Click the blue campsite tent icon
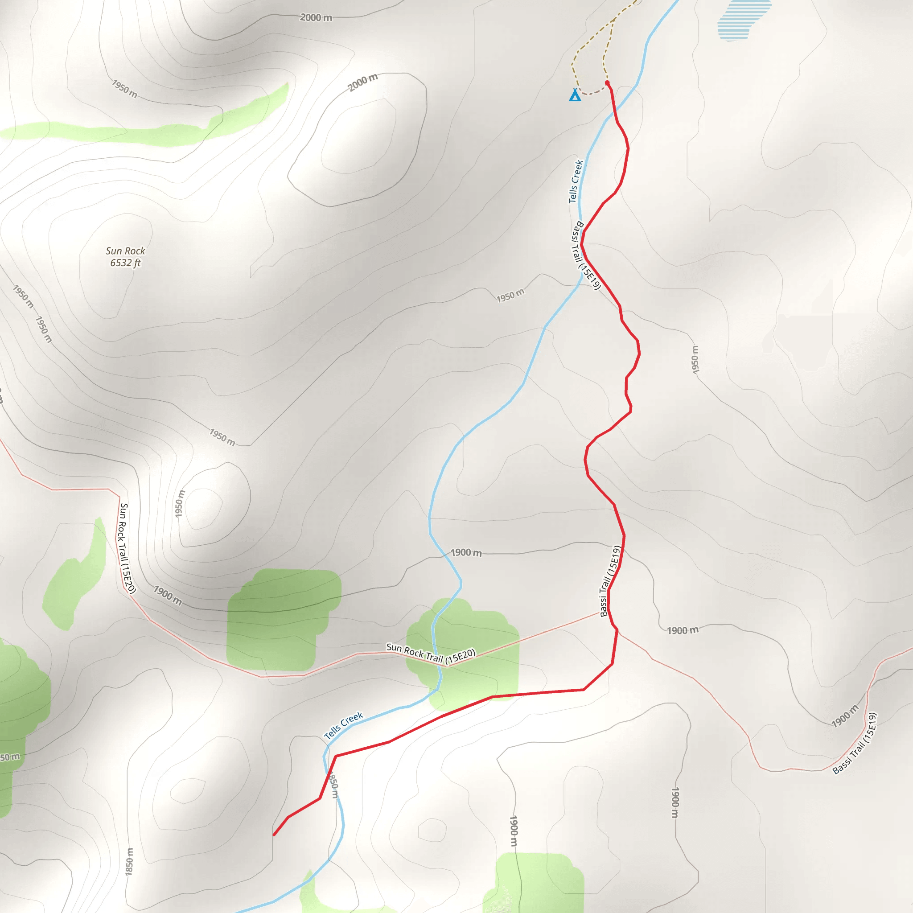575,95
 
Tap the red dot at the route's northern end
607,83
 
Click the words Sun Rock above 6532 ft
125,251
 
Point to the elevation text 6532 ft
125,263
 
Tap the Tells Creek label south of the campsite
576,181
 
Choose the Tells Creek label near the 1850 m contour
344,725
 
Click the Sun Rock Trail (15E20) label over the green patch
431,654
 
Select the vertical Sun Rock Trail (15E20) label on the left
127,548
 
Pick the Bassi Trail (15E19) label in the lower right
855,743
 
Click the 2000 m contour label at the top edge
316,18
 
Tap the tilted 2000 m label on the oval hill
363,83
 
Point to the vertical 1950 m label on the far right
695,360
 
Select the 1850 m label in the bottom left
129,861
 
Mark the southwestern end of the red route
274,835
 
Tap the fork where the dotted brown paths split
613,21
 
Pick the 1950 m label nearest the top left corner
125,88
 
